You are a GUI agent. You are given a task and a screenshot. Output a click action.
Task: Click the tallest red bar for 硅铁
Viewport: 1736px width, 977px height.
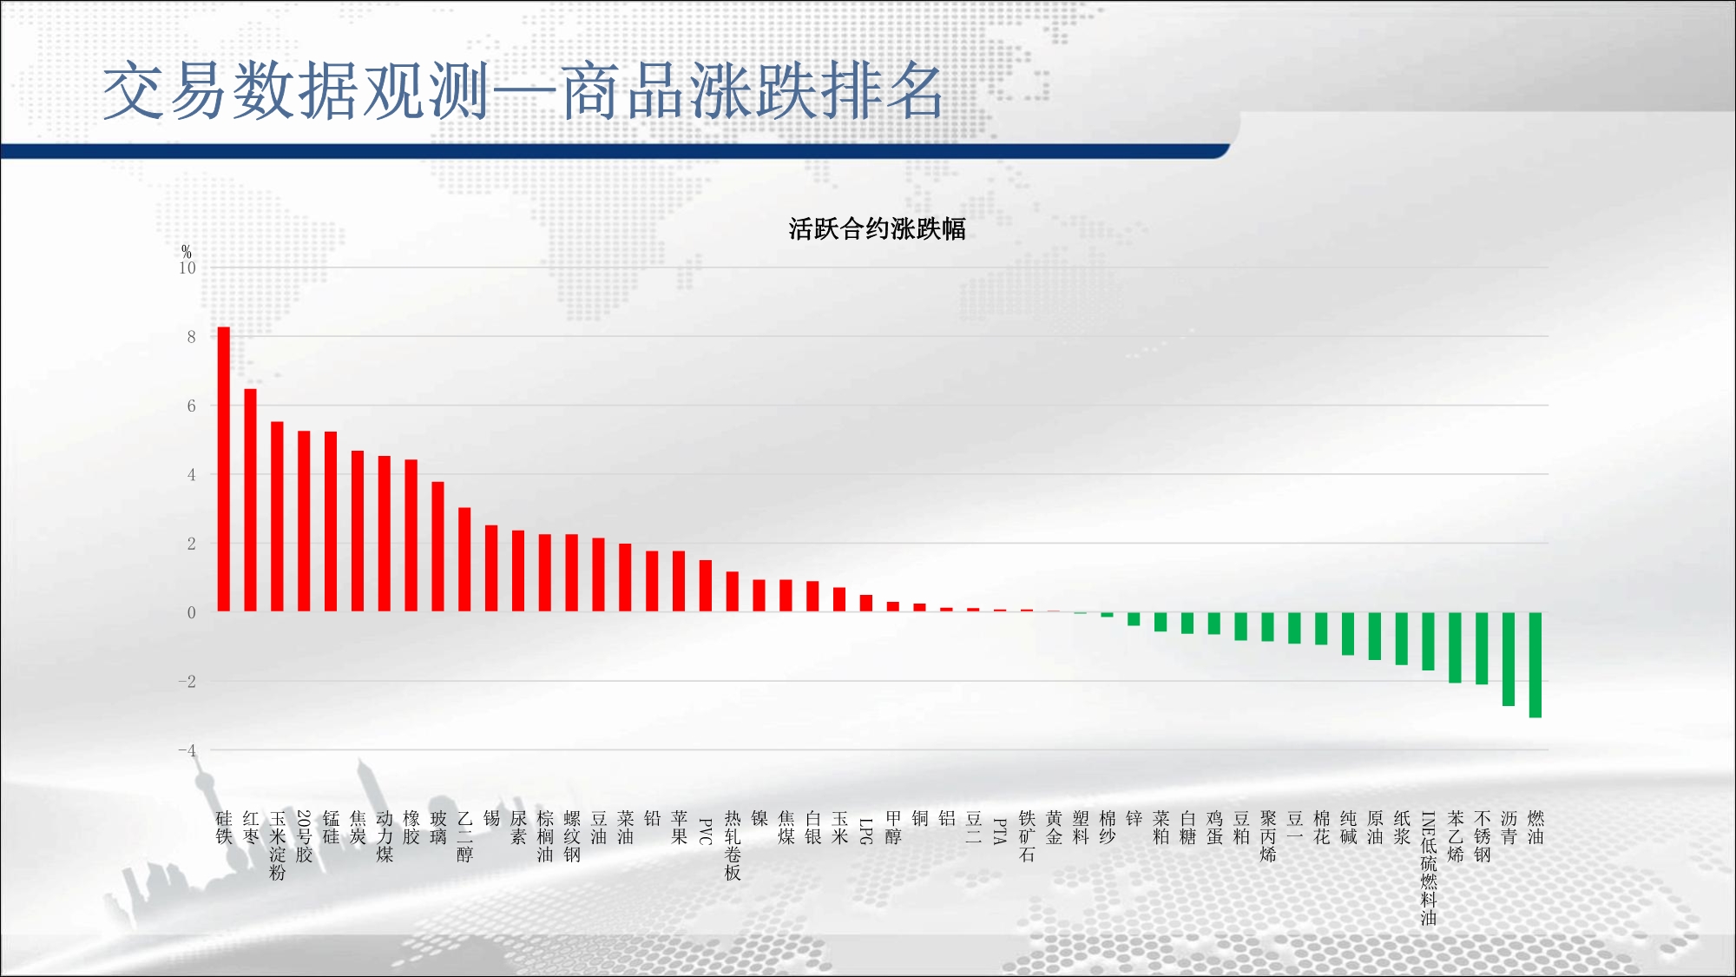(224, 469)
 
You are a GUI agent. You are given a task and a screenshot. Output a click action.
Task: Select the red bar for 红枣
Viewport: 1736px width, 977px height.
(251, 500)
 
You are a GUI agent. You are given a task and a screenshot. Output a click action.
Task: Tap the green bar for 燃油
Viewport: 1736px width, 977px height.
(1535, 664)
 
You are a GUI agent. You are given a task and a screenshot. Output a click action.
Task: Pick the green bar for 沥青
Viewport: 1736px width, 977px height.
(1509, 659)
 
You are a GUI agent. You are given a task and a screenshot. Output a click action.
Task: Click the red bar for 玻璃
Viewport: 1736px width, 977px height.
(438, 546)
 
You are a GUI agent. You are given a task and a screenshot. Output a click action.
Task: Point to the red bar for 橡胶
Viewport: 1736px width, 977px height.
(411, 535)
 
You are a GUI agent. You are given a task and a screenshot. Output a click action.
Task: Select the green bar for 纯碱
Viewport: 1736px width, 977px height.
(1348, 633)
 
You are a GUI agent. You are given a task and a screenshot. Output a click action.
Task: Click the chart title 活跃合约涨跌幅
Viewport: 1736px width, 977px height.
(877, 229)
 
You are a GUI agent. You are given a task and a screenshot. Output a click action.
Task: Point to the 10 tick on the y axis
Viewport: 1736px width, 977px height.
(187, 268)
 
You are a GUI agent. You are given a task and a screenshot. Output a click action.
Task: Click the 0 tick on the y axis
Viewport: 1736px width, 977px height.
(192, 612)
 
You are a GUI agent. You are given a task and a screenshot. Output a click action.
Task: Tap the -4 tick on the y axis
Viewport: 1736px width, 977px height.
(187, 750)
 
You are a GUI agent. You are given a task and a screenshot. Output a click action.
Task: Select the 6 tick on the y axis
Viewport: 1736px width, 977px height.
(192, 406)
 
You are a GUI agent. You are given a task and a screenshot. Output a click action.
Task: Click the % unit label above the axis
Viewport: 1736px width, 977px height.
(187, 252)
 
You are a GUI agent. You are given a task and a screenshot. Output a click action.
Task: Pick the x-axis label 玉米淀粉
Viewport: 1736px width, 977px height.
(278, 846)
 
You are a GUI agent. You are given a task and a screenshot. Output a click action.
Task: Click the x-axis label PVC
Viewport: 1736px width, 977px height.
(706, 831)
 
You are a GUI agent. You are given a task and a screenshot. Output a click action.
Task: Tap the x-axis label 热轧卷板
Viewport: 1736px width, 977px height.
(733, 846)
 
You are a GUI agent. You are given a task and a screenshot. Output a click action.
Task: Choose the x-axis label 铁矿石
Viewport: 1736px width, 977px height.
(1027, 836)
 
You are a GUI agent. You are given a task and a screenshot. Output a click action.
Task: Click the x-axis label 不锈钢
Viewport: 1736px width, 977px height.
(1483, 836)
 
